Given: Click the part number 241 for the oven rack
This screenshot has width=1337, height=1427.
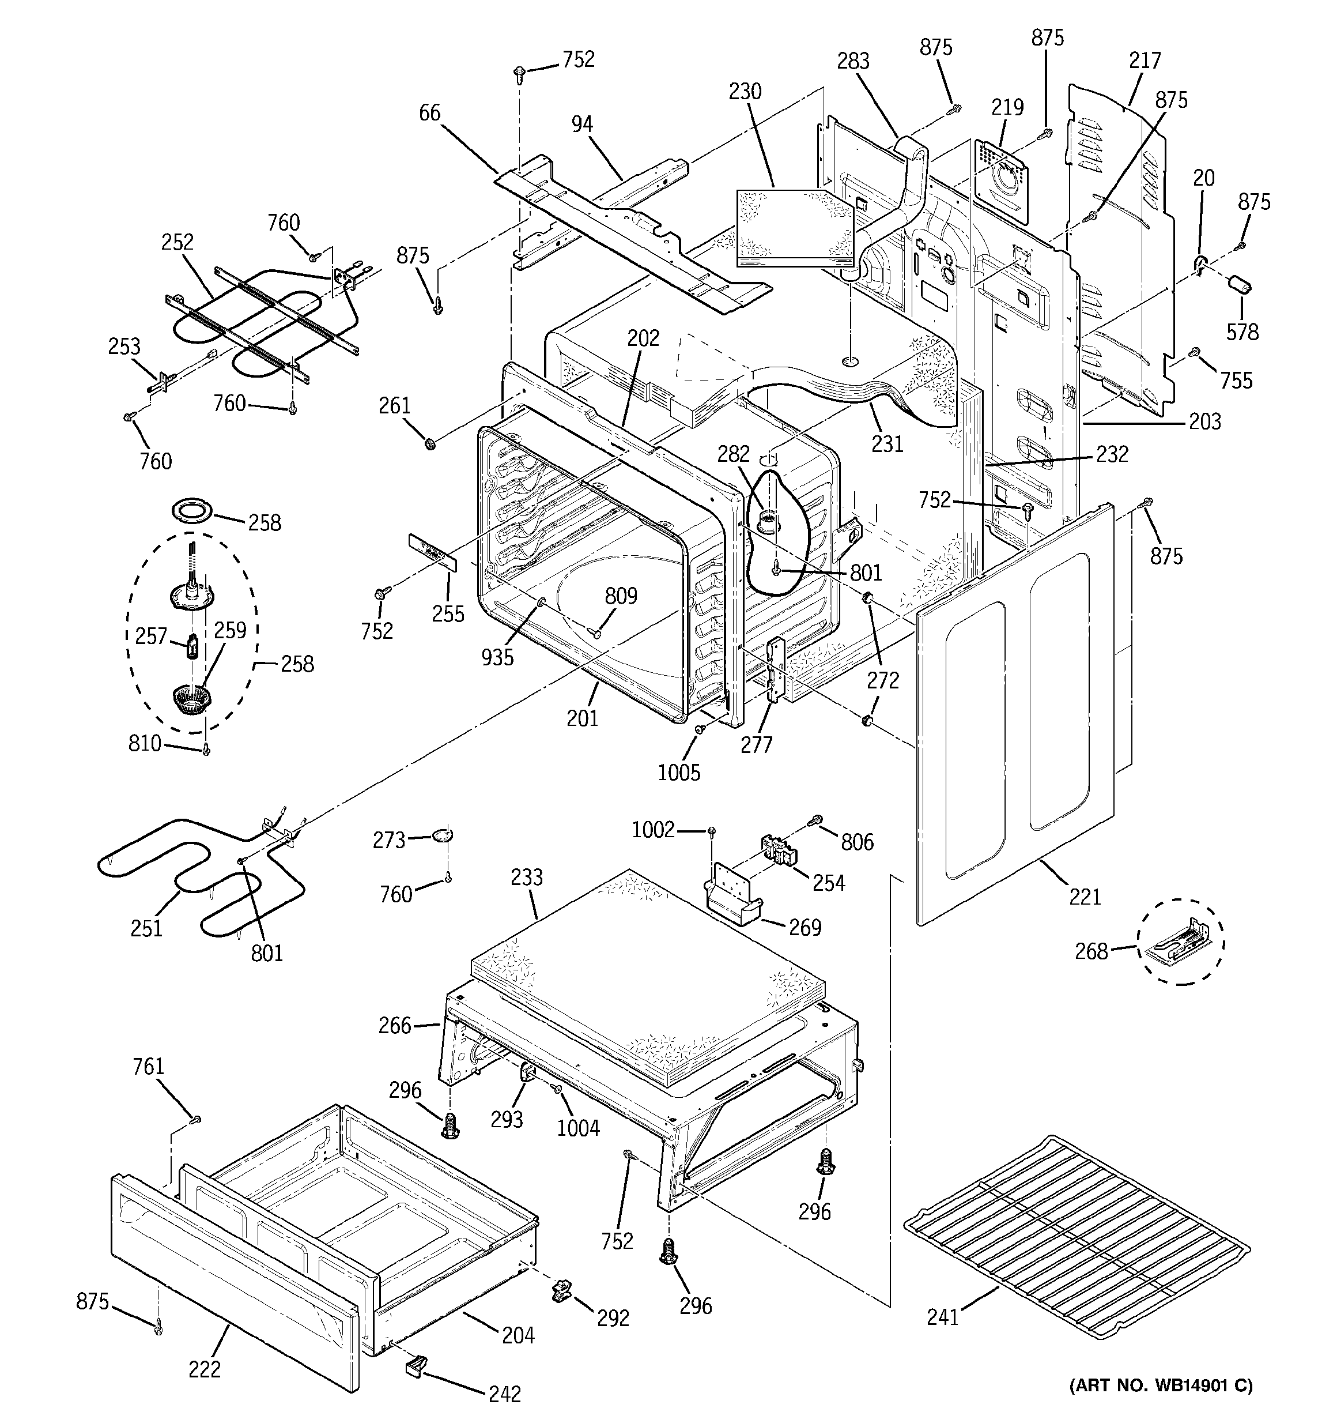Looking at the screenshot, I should (942, 1317).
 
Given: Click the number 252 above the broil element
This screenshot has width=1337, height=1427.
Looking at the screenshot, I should (177, 242).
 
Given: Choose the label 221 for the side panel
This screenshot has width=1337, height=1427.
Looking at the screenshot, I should (1085, 897).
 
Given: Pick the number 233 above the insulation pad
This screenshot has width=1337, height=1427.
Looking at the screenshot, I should (527, 877).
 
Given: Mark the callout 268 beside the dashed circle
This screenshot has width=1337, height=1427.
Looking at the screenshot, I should (1091, 952).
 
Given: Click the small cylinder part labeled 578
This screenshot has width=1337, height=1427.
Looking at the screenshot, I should (1240, 284).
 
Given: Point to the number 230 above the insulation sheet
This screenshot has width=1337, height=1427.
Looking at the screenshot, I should (745, 91).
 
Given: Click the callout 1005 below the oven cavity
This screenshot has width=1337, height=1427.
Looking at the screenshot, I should (679, 773).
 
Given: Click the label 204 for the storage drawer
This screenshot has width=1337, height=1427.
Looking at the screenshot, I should (518, 1335).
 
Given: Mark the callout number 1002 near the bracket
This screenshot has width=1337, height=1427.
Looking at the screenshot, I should (653, 830).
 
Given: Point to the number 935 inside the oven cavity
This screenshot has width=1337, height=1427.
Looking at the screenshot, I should (497, 657).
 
